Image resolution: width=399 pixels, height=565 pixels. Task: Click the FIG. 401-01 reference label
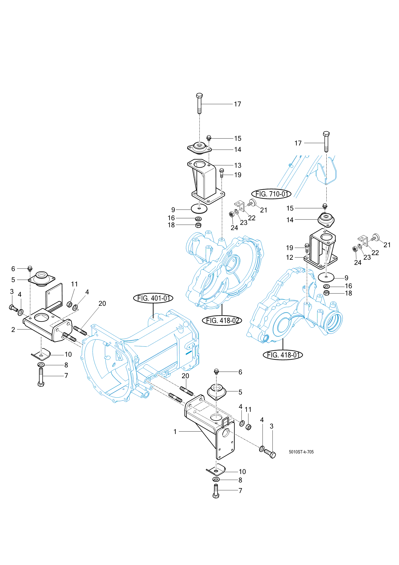[153, 298]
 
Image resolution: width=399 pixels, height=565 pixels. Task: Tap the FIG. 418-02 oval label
[222, 320]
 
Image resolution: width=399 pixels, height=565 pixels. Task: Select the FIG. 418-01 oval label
[283, 355]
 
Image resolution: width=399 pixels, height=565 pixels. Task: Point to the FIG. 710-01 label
[271, 194]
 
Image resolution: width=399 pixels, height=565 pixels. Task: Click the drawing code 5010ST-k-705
[301, 452]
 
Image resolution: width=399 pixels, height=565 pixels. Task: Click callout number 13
[238, 165]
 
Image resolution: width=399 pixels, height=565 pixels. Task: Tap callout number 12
[290, 257]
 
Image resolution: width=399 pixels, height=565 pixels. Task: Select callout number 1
[175, 431]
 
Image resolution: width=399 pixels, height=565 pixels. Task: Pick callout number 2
[13, 329]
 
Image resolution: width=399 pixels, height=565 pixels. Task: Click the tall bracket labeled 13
[206, 182]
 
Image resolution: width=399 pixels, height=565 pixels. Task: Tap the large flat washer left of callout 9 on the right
[326, 277]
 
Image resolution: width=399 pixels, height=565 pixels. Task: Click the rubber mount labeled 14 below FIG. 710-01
[326, 220]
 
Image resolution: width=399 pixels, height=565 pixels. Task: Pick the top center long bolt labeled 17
[199, 103]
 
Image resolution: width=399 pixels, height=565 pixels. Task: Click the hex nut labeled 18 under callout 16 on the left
[198, 225]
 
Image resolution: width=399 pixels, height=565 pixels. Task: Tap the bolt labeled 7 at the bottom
[216, 491]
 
